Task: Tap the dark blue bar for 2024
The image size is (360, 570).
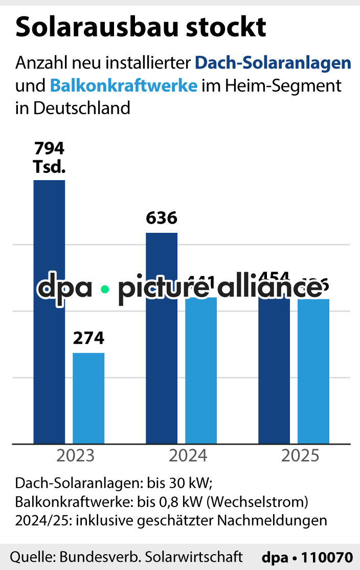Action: click(x=162, y=358)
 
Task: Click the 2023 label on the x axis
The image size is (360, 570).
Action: click(x=76, y=455)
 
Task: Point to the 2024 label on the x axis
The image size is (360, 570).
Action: click(x=188, y=455)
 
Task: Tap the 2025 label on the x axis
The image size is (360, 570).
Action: click(x=300, y=455)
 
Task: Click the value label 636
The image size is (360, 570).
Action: click(x=162, y=218)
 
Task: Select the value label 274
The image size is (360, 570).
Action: click(x=88, y=338)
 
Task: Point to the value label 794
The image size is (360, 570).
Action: click(x=49, y=149)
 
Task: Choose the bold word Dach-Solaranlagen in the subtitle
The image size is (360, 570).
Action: click(x=273, y=63)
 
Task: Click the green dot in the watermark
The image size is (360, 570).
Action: click(x=105, y=289)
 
